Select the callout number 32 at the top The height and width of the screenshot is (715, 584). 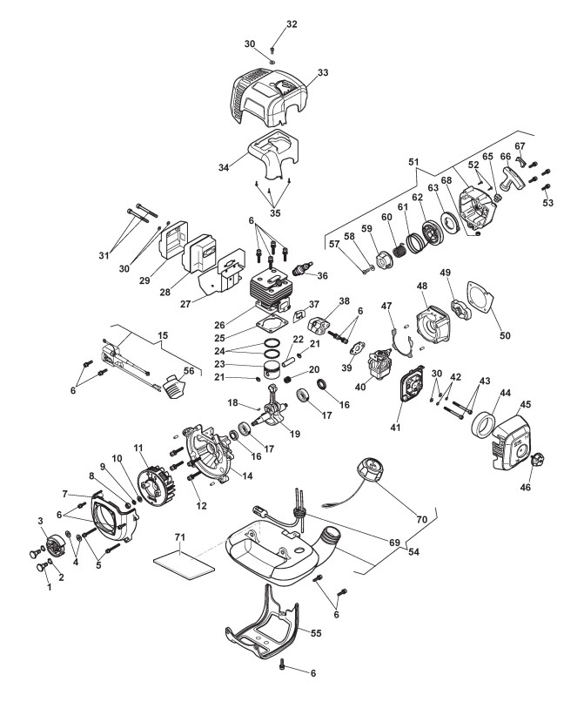pos(292,24)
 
